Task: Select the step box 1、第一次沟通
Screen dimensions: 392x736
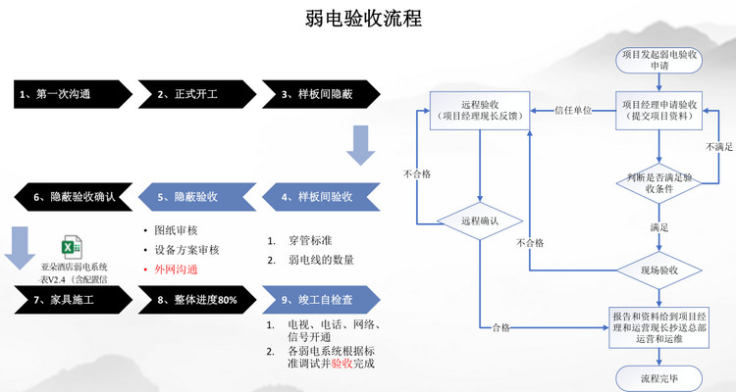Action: point(69,94)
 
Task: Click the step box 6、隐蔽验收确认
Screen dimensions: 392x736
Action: point(69,197)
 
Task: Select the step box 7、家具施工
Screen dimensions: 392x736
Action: point(69,299)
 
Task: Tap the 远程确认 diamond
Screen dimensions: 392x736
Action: point(478,221)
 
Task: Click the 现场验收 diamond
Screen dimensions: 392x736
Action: point(659,269)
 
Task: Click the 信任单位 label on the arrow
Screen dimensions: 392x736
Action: point(573,110)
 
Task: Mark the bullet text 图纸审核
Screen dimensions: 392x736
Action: point(177,230)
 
